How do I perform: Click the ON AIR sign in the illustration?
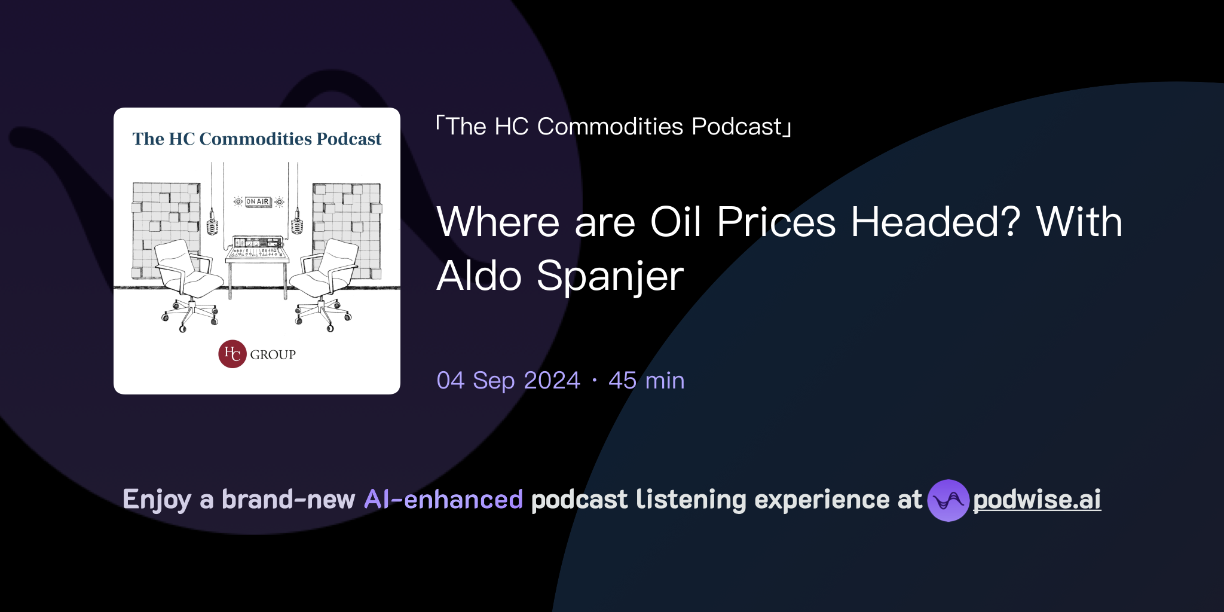[x=258, y=202]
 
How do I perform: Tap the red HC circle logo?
[x=232, y=354]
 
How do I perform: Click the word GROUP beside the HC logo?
[x=273, y=354]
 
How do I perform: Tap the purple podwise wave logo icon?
[x=948, y=500]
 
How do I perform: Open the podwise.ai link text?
[x=1037, y=500]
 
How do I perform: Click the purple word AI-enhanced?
[x=443, y=500]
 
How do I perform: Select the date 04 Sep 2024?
[x=508, y=381]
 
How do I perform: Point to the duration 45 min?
[x=646, y=381]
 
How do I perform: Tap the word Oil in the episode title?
[x=675, y=222]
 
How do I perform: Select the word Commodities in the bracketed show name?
[x=610, y=127]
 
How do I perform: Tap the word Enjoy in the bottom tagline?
[x=157, y=500]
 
